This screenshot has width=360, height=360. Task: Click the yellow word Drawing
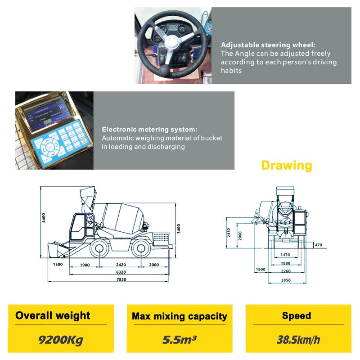(286, 166)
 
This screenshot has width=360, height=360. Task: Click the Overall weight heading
(53, 315)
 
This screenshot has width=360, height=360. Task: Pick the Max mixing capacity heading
(179, 316)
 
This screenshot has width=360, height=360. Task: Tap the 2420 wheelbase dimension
(121, 265)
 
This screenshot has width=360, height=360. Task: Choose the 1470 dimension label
(285, 255)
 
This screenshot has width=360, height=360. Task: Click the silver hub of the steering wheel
(171, 43)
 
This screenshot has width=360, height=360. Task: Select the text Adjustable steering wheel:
(268, 45)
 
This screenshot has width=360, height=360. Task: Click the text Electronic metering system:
(149, 130)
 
